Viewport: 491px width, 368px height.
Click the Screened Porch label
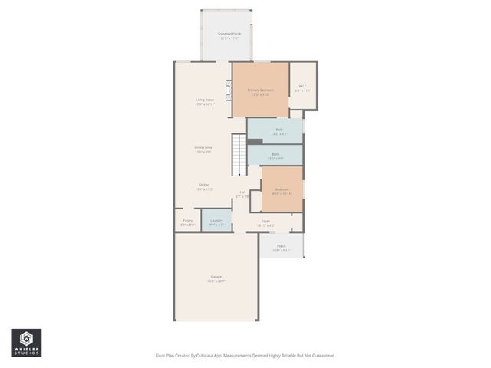point(228,34)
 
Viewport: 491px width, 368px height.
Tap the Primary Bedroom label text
point(260,90)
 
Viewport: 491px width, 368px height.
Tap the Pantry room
point(187,221)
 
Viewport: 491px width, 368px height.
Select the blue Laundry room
point(216,221)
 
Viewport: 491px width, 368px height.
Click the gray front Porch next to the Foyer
point(281,246)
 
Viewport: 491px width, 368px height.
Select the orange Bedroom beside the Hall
point(282,189)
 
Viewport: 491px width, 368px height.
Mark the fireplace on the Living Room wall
point(228,90)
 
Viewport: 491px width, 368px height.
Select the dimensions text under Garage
point(216,281)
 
